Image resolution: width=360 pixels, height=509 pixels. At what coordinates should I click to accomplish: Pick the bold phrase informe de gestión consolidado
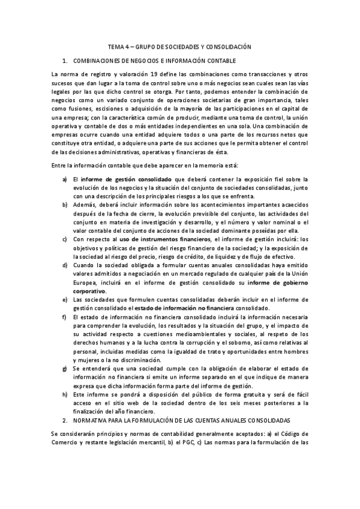click(x=127, y=179)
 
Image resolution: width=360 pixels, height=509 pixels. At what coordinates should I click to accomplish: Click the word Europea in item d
click(x=85, y=283)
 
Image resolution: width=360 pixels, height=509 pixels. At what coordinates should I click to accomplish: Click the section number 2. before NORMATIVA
click(x=65, y=422)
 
